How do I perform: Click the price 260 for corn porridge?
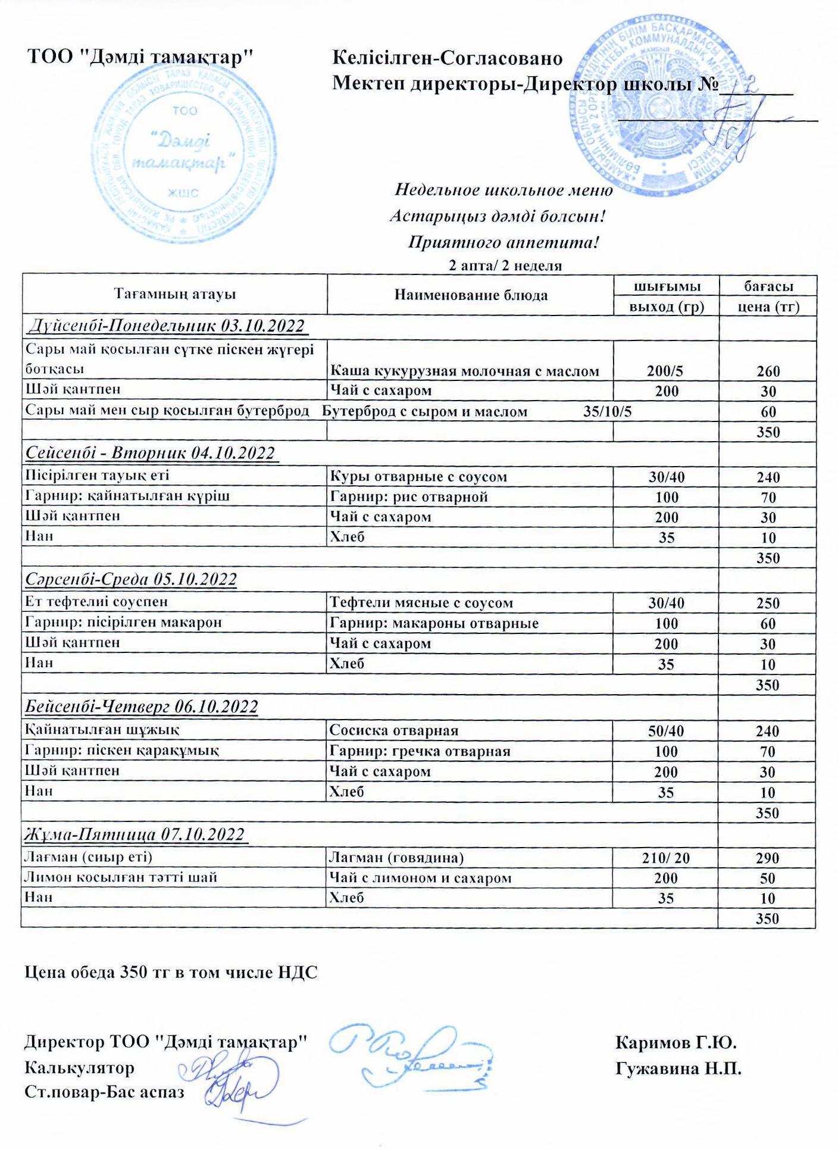(x=768, y=371)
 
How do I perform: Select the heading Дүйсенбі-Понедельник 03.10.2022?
(x=167, y=326)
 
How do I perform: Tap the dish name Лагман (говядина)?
(x=396, y=857)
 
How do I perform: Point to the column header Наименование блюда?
(x=471, y=295)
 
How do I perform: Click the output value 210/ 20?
(x=666, y=858)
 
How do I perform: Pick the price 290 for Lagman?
(x=767, y=858)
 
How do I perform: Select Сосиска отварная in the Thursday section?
(x=394, y=730)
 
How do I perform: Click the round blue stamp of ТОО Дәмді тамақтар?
(x=185, y=152)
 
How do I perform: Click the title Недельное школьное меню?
(x=504, y=190)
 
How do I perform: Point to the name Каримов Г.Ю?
(x=676, y=1043)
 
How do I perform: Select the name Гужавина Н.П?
(x=678, y=1068)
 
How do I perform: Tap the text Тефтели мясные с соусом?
(x=421, y=603)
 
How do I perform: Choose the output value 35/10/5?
(x=608, y=412)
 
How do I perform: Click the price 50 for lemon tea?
(x=767, y=878)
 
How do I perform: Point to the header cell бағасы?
(x=768, y=286)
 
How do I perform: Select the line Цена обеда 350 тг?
(x=171, y=973)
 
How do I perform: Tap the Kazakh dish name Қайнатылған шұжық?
(x=102, y=729)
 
